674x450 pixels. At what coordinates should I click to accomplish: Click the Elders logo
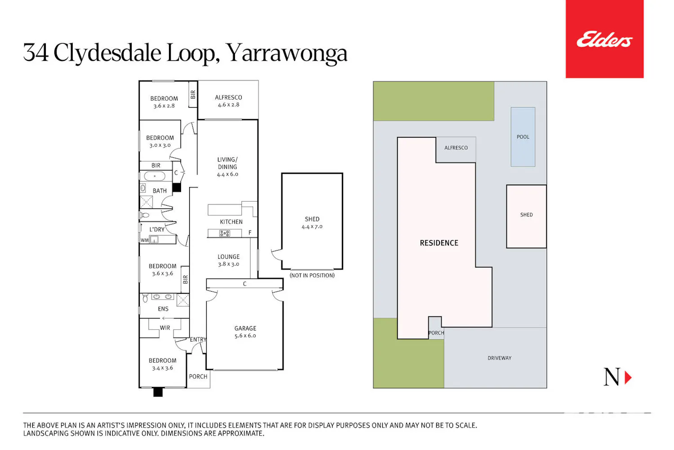604,39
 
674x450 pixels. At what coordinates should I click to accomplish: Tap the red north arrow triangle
628,378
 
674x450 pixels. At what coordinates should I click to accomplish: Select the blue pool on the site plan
523,137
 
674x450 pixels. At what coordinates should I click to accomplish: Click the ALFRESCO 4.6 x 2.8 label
228,101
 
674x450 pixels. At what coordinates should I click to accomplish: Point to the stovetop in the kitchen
225,233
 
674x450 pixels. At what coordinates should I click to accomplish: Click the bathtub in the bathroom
155,176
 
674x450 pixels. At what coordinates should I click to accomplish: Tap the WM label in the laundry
145,240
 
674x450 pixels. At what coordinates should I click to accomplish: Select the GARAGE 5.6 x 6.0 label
245,332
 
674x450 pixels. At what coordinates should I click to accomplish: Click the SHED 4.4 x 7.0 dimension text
312,226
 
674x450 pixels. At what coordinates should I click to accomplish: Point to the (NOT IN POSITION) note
312,275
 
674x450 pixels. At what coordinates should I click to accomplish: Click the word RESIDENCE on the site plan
439,243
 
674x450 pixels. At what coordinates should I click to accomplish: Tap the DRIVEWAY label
500,358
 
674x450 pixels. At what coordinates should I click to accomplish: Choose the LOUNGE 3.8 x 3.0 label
229,261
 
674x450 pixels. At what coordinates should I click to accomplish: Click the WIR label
165,328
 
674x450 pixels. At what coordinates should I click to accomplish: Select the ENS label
163,309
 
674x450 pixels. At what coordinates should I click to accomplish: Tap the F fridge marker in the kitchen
250,233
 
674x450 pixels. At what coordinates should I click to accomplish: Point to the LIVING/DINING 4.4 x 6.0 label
227,166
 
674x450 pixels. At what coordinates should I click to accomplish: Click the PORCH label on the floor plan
198,377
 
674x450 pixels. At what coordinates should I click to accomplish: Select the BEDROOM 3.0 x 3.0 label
160,141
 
